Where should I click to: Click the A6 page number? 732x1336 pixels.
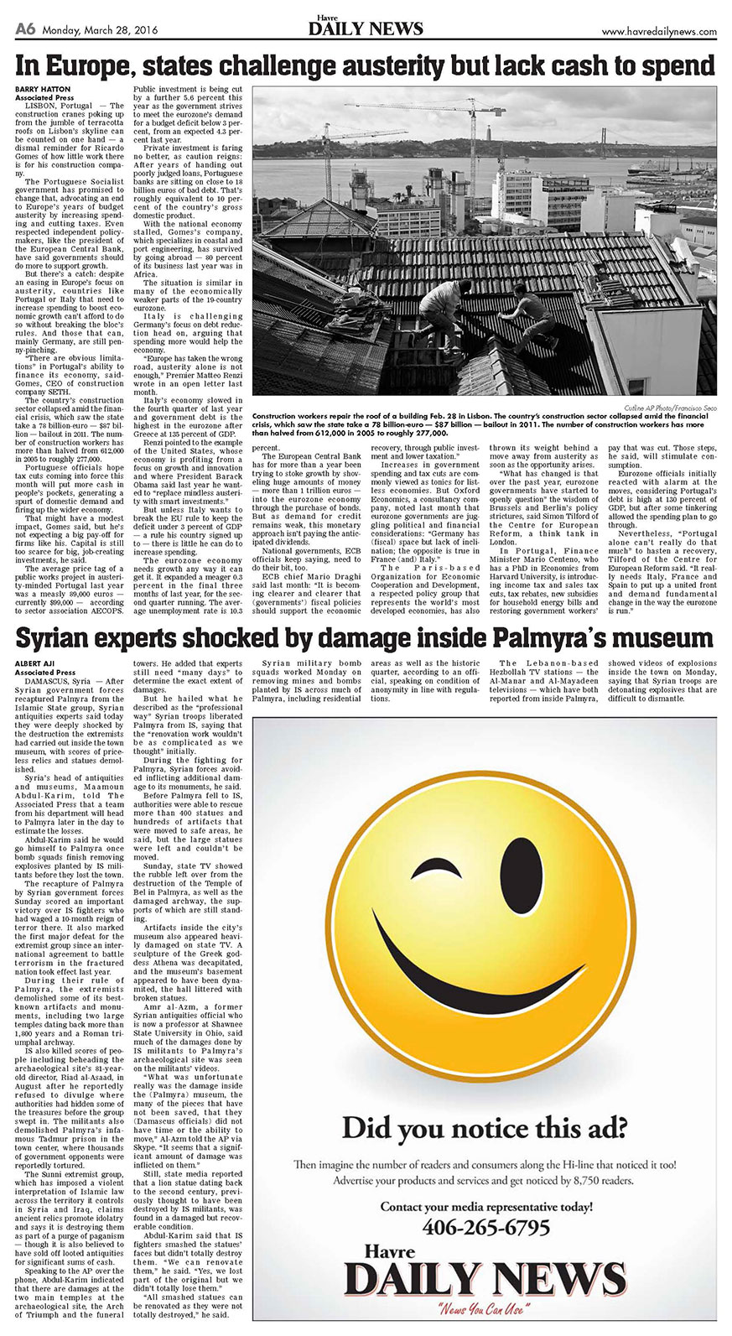(25, 30)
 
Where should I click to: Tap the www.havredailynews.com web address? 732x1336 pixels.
(659, 32)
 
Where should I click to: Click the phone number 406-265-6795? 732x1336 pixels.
(486, 1227)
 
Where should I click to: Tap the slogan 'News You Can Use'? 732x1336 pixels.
(486, 1309)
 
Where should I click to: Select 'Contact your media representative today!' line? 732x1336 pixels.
(486, 1206)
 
